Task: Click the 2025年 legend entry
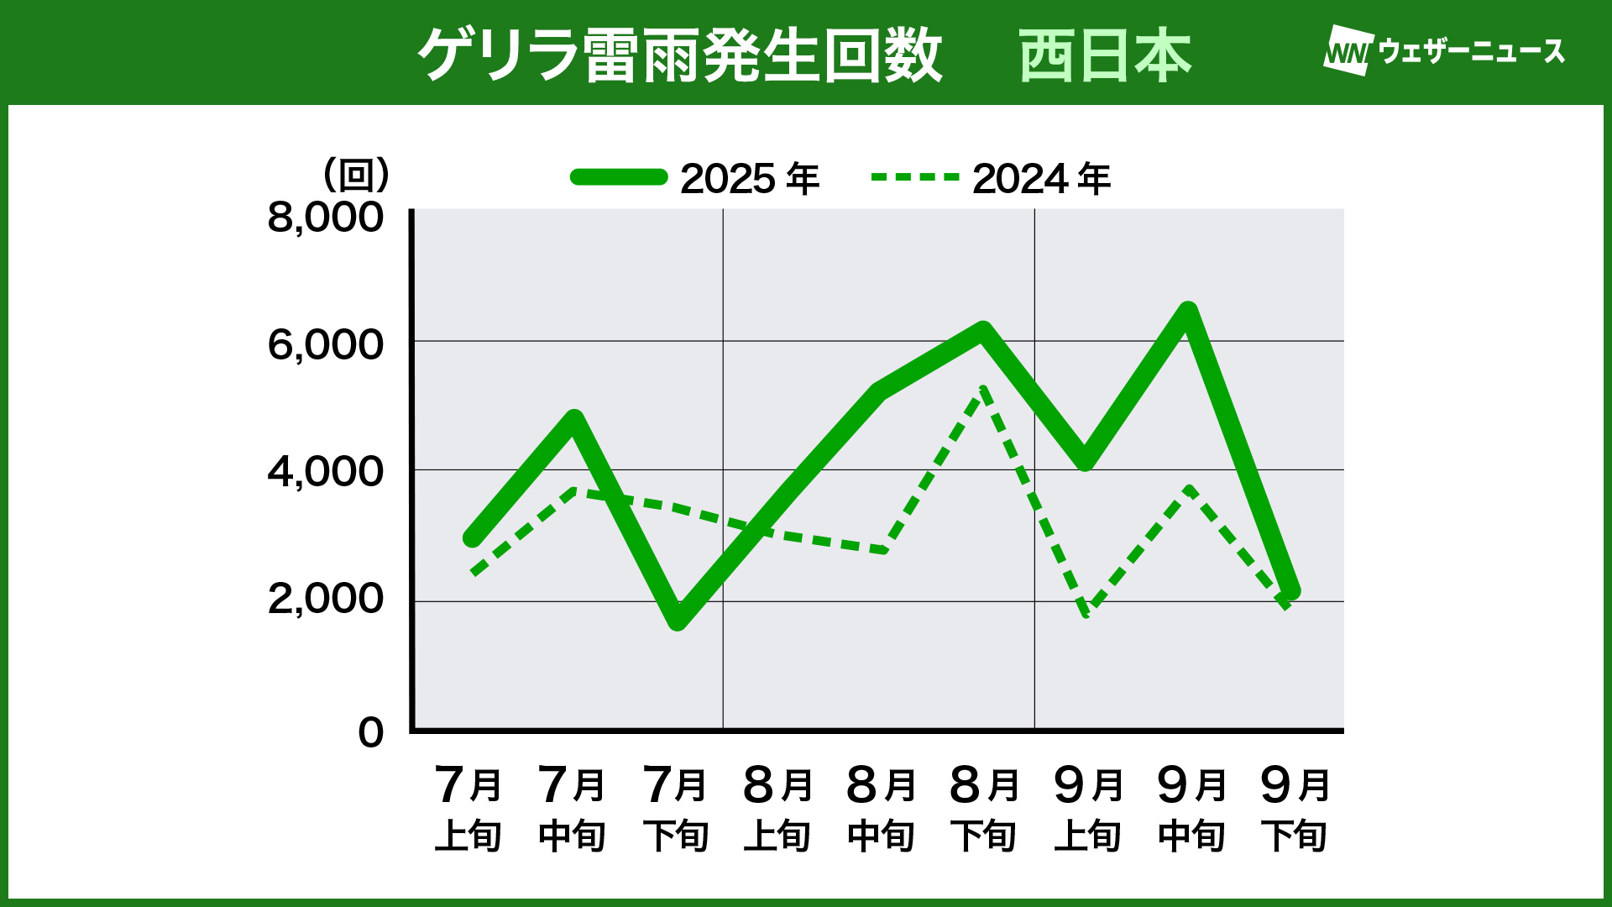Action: pos(695,178)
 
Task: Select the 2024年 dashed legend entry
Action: pos(991,178)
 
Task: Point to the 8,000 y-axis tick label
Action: pos(325,218)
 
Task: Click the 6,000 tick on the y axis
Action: pos(325,344)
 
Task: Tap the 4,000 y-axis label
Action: pos(325,472)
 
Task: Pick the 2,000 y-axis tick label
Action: pos(325,599)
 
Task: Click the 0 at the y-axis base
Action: pos(370,732)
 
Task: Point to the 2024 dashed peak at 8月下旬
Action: pos(983,389)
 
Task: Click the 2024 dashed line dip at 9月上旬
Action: pos(1086,611)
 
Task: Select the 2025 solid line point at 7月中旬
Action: pos(574,419)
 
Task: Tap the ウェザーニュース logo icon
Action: pos(1348,51)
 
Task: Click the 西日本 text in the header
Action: pos(1105,55)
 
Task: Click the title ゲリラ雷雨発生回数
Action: pos(680,55)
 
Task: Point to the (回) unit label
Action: pos(357,175)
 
